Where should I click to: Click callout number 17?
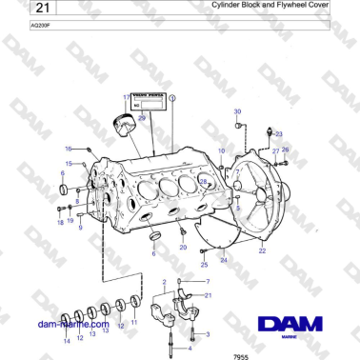coord(125,98)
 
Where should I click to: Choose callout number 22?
coord(262,251)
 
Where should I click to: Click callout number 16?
coord(69,149)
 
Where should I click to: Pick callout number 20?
coord(184,247)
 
